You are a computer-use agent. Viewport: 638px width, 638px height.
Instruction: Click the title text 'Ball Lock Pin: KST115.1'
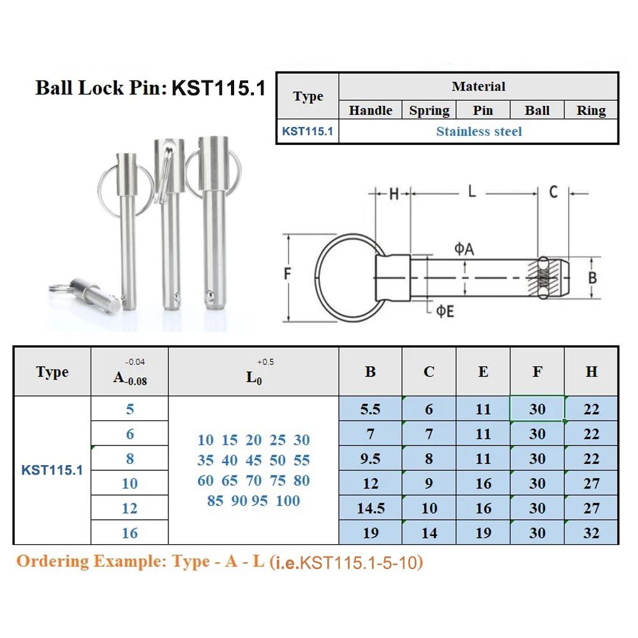(150, 87)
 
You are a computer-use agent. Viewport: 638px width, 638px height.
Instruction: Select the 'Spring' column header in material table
(429, 110)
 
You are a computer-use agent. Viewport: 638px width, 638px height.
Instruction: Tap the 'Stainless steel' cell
(478, 131)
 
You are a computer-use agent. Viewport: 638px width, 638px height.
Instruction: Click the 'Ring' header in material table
(591, 110)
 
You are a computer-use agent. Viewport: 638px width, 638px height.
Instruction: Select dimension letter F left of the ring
(288, 275)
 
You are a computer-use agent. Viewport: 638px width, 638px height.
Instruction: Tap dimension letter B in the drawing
(592, 278)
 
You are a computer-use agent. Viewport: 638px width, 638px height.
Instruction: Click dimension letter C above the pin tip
(553, 191)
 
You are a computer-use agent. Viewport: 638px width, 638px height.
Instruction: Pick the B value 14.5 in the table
(370, 508)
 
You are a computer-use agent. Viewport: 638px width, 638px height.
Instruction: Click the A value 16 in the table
(130, 533)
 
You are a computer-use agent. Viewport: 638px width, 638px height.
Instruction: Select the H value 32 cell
(591, 533)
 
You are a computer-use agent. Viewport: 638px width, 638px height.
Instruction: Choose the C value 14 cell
(429, 533)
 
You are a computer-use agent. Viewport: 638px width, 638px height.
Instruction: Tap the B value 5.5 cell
(370, 409)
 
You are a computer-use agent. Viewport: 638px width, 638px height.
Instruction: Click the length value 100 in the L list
(288, 501)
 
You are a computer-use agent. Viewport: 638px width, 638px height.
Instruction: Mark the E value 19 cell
(483, 533)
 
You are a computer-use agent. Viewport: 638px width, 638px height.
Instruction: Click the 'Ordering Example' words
(91, 562)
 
